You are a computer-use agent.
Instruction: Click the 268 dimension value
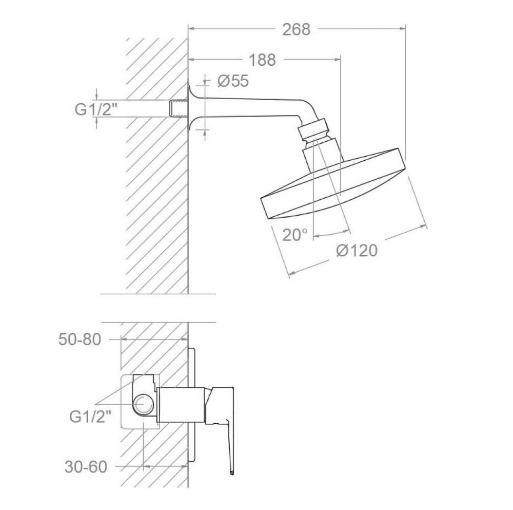click(x=297, y=29)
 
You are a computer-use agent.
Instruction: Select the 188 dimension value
click(x=262, y=60)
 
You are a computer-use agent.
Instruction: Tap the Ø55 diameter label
click(x=233, y=81)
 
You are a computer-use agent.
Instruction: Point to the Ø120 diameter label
click(x=357, y=251)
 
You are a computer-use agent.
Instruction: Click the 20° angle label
click(x=295, y=235)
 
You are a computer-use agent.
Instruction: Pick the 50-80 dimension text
click(x=80, y=339)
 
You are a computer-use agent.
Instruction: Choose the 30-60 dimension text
click(x=86, y=467)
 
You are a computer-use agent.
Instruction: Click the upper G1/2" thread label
click(x=96, y=109)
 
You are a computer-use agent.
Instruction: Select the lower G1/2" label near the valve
click(x=91, y=417)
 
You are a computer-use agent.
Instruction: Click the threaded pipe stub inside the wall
click(x=179, y=108)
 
